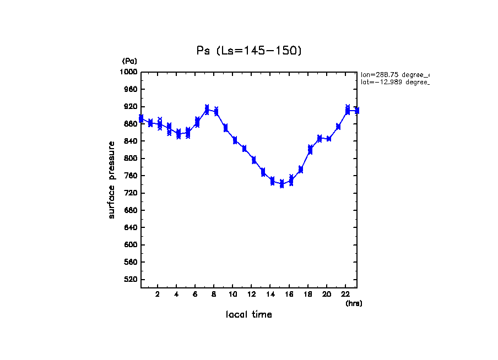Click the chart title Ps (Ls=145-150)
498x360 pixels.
[249, 51]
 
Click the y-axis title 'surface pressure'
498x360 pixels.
[112, 179]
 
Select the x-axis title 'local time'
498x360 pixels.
[249, 314]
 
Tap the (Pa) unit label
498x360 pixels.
[129, 61]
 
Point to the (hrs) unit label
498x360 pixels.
[354, 303]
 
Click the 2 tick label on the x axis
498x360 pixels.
[158, 294]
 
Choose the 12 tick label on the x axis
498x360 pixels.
[251, 294]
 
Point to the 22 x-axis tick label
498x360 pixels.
[345, 294]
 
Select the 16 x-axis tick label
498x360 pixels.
[289, 294]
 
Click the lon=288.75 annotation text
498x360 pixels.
[394, 74]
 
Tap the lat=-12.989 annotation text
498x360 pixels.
[394, 82]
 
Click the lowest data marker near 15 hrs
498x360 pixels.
[282, 183]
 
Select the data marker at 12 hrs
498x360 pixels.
[253, 160]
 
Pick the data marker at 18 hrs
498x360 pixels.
[310, 150]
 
